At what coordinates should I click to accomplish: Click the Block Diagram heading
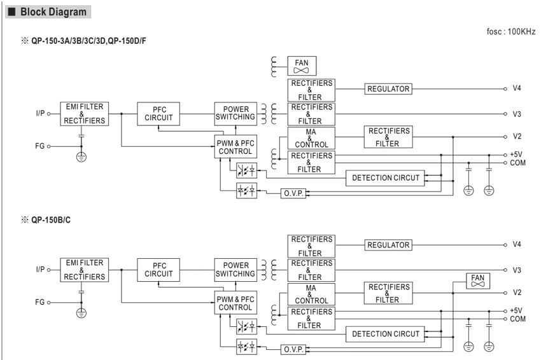pos(53,11)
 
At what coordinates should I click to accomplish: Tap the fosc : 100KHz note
pos(510,32)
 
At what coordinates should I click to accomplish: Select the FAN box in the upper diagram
pos(302,66)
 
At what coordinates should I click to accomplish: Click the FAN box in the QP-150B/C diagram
pos(478,280)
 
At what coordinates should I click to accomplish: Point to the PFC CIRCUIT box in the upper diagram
pos(158,114)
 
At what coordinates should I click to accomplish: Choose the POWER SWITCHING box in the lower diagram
pos(235,270)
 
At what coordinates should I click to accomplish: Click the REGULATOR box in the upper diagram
pos(388,89)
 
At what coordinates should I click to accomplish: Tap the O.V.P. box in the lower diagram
pos(293,349)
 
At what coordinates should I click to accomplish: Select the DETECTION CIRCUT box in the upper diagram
pos(385,178)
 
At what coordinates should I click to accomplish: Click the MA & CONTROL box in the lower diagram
pos(311,294)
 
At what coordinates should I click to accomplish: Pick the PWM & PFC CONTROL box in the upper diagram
pos(235,146)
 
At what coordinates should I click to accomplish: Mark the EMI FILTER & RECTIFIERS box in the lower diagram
pos(85,270)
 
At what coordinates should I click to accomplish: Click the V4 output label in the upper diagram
pos(517,88)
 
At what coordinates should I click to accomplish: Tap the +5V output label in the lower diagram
pos(516,310)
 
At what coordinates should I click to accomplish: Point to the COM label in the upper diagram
pos(517,163)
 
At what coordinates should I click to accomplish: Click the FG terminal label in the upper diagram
pos(39,146)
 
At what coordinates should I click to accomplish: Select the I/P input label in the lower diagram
pos(40,269)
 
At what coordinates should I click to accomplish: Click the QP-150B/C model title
pos(51,220)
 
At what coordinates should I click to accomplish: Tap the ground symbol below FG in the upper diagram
pos(81,157)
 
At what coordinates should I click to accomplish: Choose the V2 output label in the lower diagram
pos(517,293)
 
